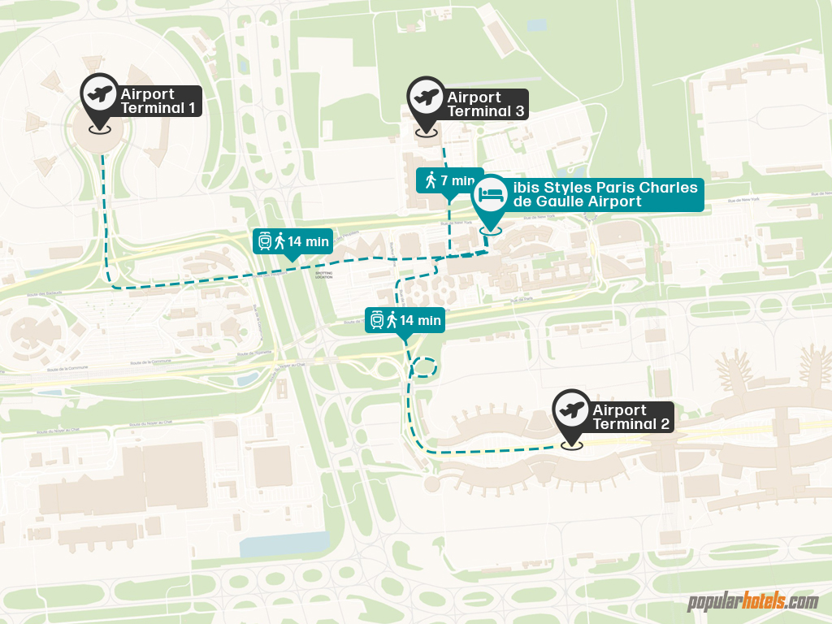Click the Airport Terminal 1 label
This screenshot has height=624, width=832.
158,101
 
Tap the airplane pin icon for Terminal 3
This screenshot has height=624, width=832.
426,97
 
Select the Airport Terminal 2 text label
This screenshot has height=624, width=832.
630,417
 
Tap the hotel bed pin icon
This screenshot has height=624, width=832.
491,195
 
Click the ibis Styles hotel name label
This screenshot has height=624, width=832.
604,194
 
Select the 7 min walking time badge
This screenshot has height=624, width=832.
449,180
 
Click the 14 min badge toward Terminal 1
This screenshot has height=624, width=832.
292,240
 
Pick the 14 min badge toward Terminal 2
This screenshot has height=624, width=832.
405,320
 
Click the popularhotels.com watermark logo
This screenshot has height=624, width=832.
752,602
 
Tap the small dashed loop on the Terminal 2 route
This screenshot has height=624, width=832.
424,367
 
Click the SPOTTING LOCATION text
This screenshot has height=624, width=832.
324,275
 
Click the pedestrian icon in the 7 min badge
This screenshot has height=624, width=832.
431,180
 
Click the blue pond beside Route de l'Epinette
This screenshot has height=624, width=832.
249,378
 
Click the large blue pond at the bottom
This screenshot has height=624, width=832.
285,544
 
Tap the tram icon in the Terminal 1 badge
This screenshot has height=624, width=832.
265,240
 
